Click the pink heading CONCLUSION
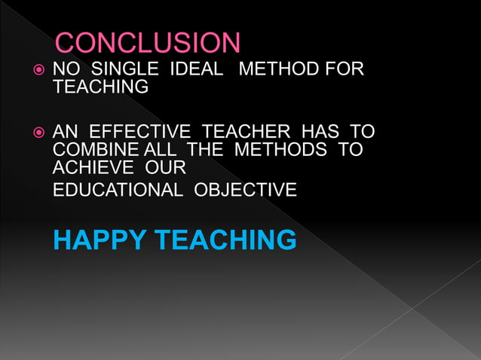click(x=148, y=43)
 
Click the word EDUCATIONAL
click(x=118, y=190)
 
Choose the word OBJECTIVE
click(x=246, y=190)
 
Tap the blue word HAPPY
click(x=100, y=240)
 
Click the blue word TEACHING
click(x=225, y=240)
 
